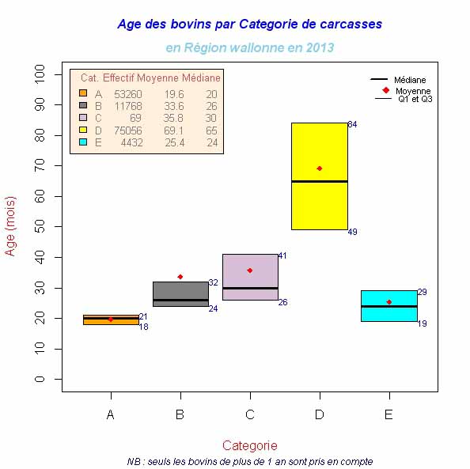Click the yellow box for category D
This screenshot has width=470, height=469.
[319, 198]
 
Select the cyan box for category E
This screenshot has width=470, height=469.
[389, 313]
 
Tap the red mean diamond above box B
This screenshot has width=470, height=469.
[180, 277]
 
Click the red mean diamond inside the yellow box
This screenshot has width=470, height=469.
[320, 168]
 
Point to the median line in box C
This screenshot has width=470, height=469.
[249, 289]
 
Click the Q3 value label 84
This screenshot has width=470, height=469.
[353, 125]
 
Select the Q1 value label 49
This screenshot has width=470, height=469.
[353, 232]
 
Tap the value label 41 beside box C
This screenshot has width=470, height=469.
[282, 255]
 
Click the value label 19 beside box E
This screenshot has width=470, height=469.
[423, 323]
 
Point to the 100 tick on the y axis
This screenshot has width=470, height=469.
[40, 74]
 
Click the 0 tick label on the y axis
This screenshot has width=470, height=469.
[40, 380]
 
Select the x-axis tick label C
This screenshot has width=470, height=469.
[250, 414]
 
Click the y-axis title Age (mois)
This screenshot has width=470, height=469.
[11, 225]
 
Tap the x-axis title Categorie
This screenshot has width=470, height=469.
[249, 445]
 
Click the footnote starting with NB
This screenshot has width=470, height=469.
[249, 461]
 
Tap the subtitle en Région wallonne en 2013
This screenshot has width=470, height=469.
[249, 47]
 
